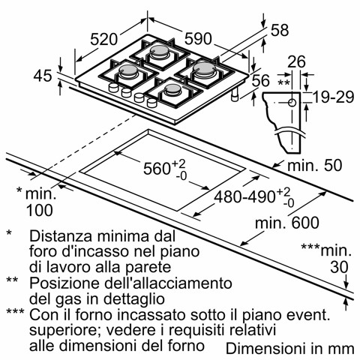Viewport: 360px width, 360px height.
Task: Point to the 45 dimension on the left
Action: coord(45,75)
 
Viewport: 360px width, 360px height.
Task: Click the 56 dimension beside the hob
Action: coord(260,80)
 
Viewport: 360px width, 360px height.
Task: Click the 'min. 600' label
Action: coord(286,223)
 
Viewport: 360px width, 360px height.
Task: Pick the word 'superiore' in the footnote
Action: coord(61,329)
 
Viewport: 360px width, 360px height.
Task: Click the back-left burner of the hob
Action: coord(160,52)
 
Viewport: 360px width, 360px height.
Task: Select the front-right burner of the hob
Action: coord(172,92)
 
